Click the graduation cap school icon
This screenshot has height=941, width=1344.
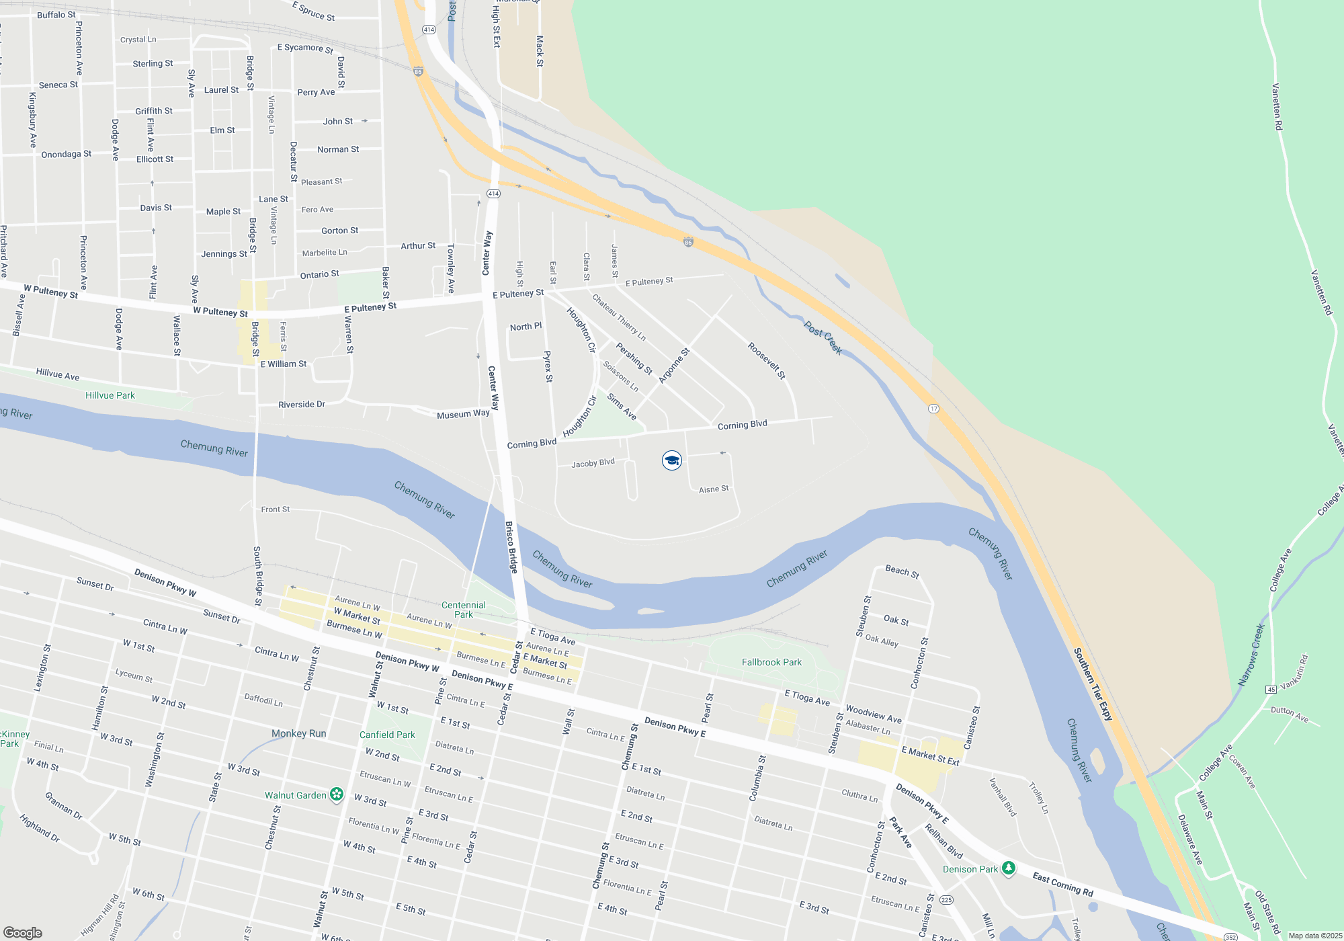click(671, 460)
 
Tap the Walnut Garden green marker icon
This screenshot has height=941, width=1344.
click(337, 795)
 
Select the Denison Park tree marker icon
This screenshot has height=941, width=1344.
click(1008, 868)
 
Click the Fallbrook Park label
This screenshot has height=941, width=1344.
click(771, 662)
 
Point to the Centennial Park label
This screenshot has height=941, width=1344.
click(464, 610)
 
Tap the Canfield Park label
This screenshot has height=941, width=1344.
click(387, 735)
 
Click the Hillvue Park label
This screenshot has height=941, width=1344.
click(110, 395)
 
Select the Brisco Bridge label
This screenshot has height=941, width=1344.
click(511, 547)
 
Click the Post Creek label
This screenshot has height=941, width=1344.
click(823, 337)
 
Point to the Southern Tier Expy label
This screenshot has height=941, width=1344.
click(1093, 684)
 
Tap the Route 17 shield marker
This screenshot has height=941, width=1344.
click(933, 409)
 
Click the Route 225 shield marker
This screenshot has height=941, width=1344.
click(946, 900)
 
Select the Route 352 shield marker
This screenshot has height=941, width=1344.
click(1230, 936)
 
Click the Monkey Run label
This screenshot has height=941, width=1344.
click(298, 733)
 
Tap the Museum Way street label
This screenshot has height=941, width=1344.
click(463, 414)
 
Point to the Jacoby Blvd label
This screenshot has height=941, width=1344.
click(593, 463)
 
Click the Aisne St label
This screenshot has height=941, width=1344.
click(714, 489)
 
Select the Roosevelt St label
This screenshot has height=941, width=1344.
click(767, 361)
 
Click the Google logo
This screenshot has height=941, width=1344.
click(23, 932)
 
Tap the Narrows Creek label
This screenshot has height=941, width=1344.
click(1251, 655)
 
